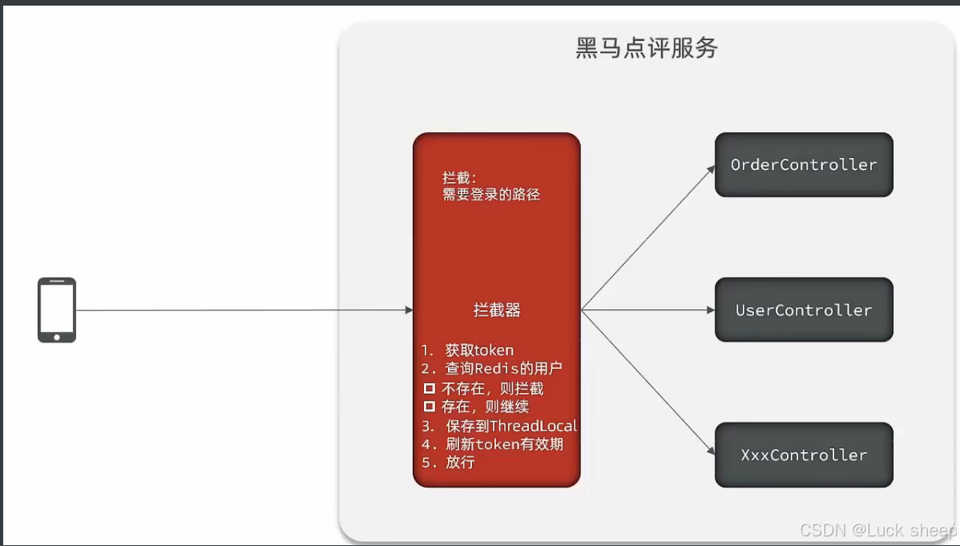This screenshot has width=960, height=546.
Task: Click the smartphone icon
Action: (57, 309)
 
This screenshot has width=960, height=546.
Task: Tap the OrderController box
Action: (804, 164)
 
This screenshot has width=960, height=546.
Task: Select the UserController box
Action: (804, 309)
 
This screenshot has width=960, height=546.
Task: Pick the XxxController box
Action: (804, 455)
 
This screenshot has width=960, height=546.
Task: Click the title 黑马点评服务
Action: (647, 48)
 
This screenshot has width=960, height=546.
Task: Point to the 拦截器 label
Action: (497, 310)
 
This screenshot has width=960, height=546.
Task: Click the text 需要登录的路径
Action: (491, 194)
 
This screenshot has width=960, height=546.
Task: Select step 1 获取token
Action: (468, 350)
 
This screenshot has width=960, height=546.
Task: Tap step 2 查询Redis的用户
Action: (492, 369)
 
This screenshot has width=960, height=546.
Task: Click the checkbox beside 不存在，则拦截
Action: (430, 388)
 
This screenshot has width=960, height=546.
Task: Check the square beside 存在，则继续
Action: (430, 406)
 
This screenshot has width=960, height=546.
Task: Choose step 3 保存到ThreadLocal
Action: (499, 426)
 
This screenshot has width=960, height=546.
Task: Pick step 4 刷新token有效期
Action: (492, 444)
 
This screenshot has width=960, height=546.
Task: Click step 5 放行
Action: (449, 463)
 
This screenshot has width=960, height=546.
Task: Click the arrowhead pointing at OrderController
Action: (710, 168)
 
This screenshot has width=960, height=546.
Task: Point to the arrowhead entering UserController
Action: (710, 309)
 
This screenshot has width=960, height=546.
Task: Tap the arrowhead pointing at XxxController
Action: (710, 451)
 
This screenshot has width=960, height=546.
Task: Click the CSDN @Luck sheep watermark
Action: (878, 530)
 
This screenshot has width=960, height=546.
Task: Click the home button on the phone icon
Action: (57, 337)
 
